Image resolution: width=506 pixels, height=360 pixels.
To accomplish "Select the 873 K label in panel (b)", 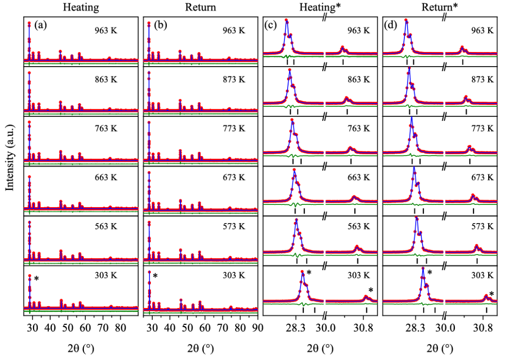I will (x=234, y=79).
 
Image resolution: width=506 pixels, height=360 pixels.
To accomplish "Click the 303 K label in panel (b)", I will (x=234, y=276).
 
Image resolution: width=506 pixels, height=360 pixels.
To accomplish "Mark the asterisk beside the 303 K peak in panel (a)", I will (x=36, y=279).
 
